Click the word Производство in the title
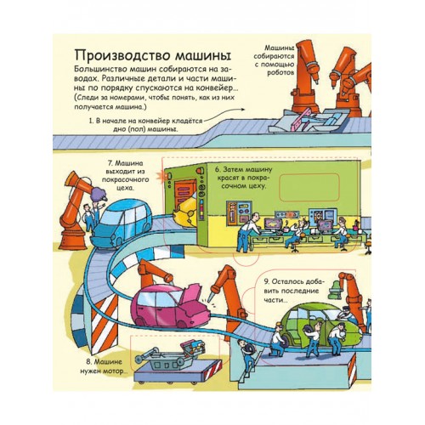(122, 55)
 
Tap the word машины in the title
(202, 56)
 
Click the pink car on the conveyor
(171, 307)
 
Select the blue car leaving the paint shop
(122, 224)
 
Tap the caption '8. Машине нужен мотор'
(104, 366)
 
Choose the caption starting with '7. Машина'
(125, 175)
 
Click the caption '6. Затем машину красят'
(243, 178)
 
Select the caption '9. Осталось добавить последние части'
(294, 291)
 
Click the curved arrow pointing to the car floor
(224, 114)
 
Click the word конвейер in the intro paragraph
(214, 88)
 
